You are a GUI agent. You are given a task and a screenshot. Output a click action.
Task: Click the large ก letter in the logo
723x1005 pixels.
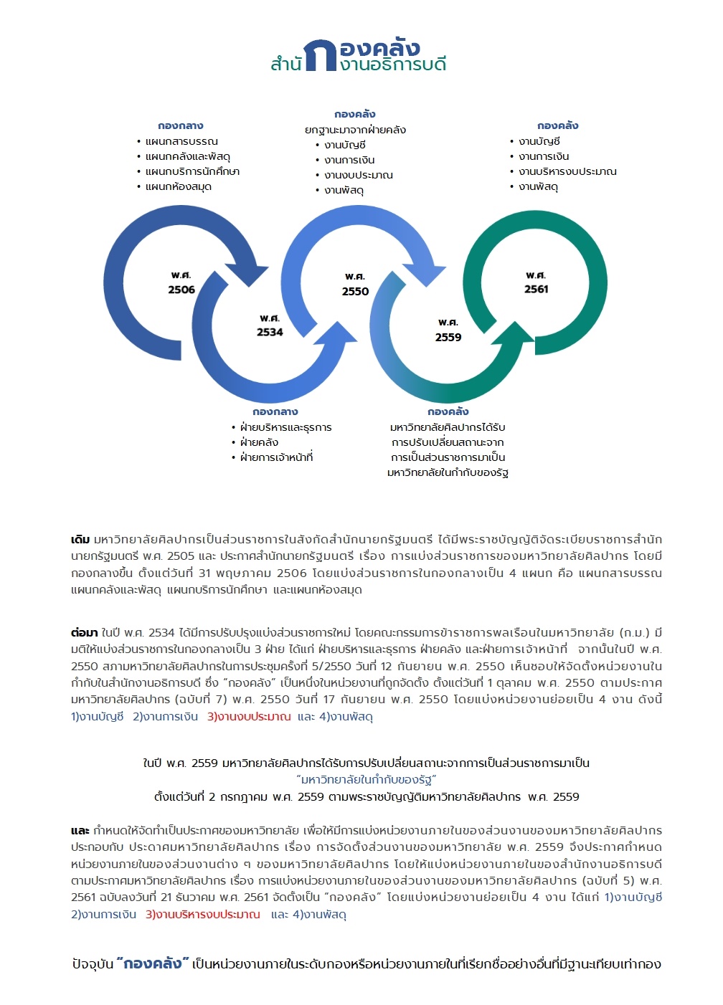[x=319, y=56]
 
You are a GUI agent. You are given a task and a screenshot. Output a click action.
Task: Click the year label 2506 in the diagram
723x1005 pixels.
[x=181, y=290]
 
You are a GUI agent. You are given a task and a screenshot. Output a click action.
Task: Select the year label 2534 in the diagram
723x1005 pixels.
[x=270, y=332]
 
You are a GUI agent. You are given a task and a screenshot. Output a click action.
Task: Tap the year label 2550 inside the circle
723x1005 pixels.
[x=355, y=291]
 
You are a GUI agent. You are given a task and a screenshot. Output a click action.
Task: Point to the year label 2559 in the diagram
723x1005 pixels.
[x=448, y=337]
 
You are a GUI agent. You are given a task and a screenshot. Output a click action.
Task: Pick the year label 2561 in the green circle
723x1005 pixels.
[x=536, y=289]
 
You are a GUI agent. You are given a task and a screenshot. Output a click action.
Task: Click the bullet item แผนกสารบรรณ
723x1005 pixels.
[x=181, y=141]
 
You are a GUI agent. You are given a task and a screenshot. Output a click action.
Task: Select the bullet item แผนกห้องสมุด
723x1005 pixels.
[x=178, y=186]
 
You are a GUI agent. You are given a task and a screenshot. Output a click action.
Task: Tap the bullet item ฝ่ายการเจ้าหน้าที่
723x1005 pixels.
[x=276, y=457]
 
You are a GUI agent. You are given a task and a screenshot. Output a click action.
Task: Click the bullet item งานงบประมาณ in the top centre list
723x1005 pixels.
[x=358, y=175]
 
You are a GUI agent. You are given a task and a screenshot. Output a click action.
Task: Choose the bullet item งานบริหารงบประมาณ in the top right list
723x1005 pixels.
[x=567, y=171]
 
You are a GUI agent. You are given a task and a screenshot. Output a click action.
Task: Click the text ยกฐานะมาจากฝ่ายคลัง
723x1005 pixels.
[x=355, y=130]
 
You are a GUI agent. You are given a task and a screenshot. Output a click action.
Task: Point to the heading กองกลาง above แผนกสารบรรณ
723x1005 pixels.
[x=181, y=125]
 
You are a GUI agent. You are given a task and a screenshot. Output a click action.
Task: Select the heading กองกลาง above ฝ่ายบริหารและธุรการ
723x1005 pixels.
[x=275, y=411]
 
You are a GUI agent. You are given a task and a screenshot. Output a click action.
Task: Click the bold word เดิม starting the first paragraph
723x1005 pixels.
[x=80, y=539]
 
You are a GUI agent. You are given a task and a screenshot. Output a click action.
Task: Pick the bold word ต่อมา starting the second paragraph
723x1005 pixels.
[x=84, y=632]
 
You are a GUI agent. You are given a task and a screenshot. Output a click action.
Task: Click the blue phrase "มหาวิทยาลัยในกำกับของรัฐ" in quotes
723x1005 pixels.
[x=366, y=780]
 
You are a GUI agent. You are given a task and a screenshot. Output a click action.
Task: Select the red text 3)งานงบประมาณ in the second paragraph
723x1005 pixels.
[x=249, y=716]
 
